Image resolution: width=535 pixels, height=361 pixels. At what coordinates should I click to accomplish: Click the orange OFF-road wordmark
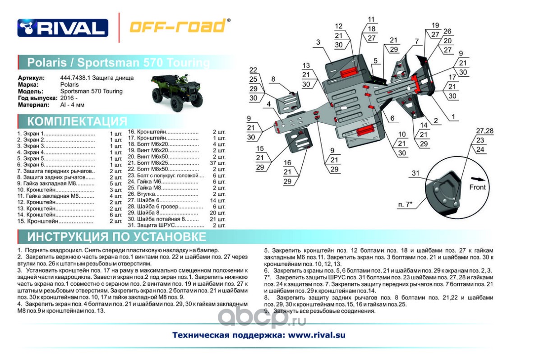[x=178, y=27]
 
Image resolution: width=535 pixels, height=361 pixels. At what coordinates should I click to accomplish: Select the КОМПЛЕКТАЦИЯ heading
[x=77, y=121]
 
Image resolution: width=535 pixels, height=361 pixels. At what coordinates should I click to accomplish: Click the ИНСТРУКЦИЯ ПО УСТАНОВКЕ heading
[x=116, y=237]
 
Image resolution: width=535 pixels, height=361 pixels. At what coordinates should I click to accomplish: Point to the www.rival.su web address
[x=316, y=335]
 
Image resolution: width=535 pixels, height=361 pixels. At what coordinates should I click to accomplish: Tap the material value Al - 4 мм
[x=72, y=105]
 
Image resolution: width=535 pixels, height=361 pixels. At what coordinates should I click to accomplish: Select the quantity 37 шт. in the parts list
[x=219, y=162]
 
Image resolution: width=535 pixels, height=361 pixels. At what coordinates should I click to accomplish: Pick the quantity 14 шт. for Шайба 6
[x=219, y=200]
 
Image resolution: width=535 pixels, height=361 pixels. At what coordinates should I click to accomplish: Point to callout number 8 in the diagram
[x=273, y=79]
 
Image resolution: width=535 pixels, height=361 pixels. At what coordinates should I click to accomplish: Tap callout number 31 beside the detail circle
[x=415, y=173]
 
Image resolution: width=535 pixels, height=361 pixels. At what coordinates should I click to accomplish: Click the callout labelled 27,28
[x=484, y=131]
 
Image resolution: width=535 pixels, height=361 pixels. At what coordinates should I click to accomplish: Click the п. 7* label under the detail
[x=406, y=204]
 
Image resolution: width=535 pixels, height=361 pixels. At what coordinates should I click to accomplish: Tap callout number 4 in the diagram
[x=268, y=104]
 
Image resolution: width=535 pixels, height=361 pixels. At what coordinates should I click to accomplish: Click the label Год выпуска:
[x=37, y=98]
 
